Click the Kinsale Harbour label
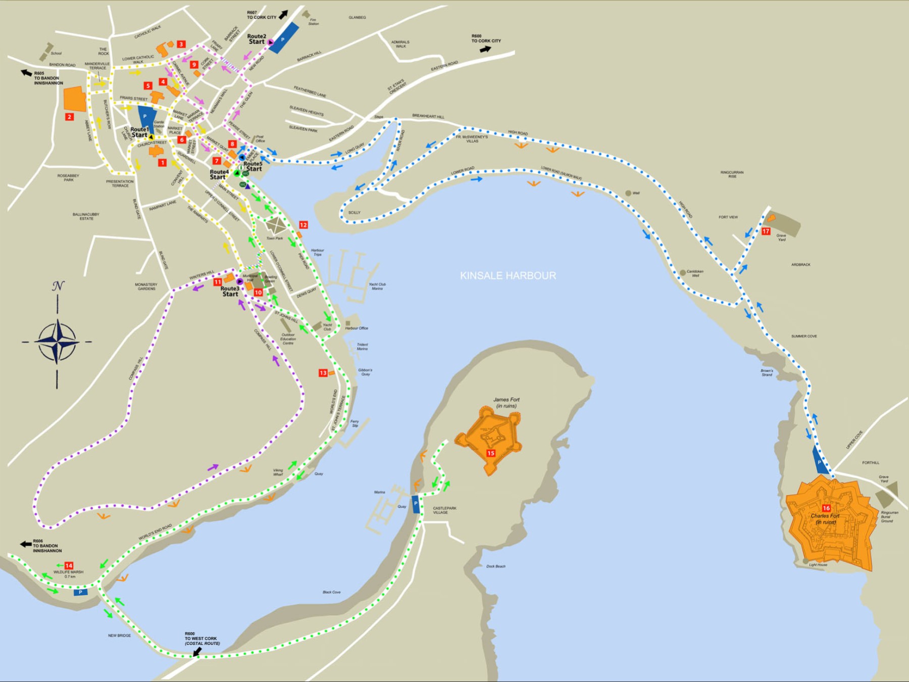pos(508,275)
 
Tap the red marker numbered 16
pos(826,508)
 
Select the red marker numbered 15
pos(490,453)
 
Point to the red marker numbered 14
pos(69,565)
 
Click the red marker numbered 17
pos(766,231)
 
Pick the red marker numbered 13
pos(323,373)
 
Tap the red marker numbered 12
pos(303,225)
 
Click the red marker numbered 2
pos(70,117)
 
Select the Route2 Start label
pos(257,39)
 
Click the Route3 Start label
pos(230,291)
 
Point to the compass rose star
pos(57,342)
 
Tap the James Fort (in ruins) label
pos(506,403)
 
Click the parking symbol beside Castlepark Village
pos(416,504)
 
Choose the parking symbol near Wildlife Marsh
pos(80,592)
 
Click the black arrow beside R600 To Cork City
pos(485,49)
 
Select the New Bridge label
pos(119,636)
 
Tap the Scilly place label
pos(355,213)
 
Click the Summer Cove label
pos(804,336)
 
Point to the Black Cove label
pos(331,592)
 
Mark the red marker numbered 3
pos(181,44)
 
